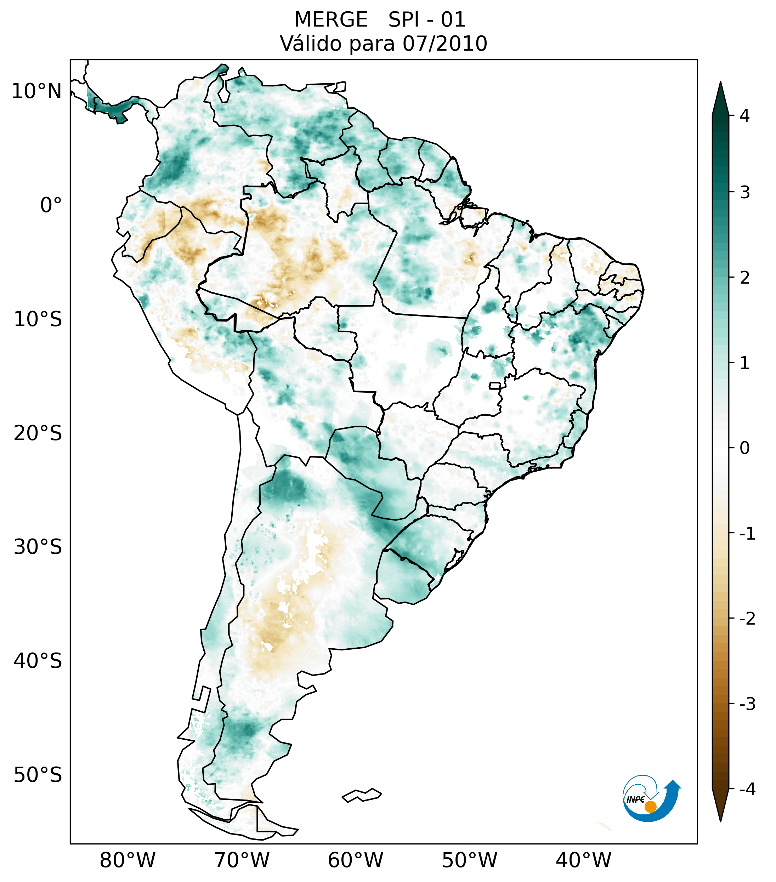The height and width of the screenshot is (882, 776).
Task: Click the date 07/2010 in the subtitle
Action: point(444,44)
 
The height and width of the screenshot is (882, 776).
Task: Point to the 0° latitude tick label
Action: point(51,205)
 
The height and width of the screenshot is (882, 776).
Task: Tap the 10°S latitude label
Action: point(38,319)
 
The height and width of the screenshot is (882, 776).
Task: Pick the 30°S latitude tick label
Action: point(38,547)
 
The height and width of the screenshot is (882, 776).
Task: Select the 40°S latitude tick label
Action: point(38,661)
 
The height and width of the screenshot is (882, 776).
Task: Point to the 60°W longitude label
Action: point(356,860)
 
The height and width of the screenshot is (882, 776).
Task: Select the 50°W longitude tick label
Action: point(470,860)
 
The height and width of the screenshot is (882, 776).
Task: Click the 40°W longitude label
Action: point(584,860)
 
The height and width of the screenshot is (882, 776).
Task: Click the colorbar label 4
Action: point(744,116)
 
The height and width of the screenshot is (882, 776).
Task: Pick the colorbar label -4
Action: point(747,790)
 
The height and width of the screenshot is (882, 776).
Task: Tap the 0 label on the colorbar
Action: point(744,448)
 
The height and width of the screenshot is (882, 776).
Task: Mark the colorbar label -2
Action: point(747,619)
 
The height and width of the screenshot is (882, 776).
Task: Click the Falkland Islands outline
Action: point(362,795)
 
